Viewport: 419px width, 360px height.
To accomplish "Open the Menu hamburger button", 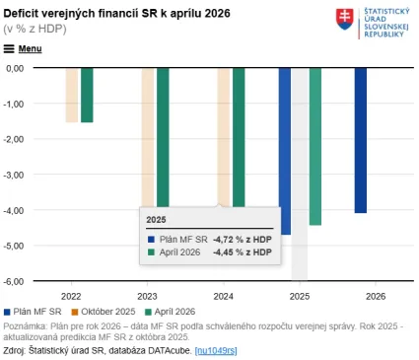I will (23, 47).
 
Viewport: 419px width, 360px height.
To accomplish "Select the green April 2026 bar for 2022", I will (87, 95).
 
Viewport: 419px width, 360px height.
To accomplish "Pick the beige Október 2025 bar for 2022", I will (72, 95).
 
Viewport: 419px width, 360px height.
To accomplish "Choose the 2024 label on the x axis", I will (224, 295).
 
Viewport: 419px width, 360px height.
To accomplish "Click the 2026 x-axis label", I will (376, 295).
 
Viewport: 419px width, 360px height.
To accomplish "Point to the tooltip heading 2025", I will (157, 220).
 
